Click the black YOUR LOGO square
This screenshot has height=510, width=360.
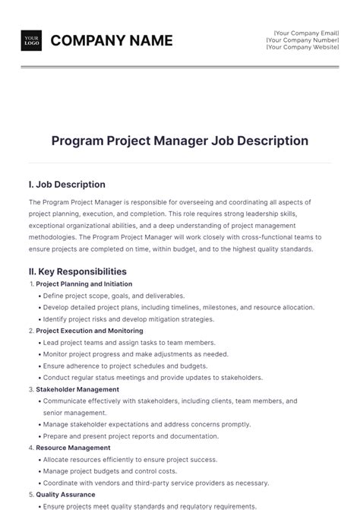(x=31, y=40)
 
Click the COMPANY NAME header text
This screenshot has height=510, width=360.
(x=111, y=40)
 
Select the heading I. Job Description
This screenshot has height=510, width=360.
(x=67, y=185)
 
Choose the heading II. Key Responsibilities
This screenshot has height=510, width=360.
(x=77, y=271)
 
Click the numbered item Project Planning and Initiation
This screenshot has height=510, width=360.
(x=84, y=284)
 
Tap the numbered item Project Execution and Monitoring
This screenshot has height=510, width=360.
(x=89, y=331)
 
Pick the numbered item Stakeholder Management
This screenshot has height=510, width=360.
(x=77, y=389)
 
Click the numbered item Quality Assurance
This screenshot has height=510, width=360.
(x=68, y=494)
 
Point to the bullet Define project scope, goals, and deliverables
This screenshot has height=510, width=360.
(x=114, y=296)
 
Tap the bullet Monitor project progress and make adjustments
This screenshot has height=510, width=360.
(x=135, y=354)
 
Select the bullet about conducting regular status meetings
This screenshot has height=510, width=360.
(x=153, y=377)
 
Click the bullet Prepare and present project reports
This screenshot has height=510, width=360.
(x=131, y=436)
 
